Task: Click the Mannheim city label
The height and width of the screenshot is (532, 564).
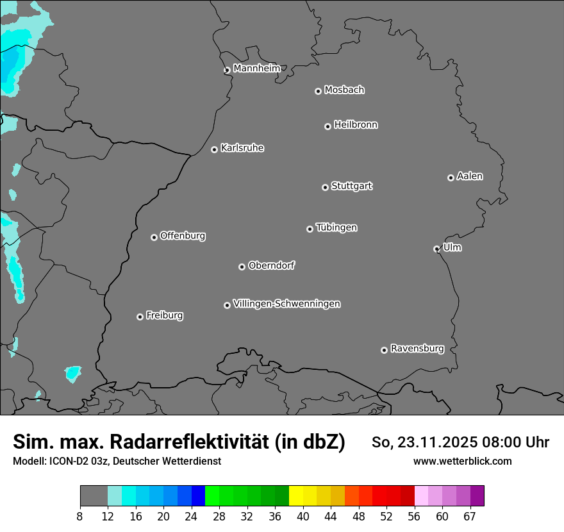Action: click(256, 68)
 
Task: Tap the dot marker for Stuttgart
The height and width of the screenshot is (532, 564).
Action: click(325, 187)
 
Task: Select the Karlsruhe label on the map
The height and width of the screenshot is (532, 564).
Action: click(242, 148)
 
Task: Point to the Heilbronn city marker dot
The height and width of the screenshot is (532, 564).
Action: click(328, 126)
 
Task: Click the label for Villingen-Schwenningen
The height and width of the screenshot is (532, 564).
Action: click(286, 304)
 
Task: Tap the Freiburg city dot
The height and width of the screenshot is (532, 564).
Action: click(140, 317)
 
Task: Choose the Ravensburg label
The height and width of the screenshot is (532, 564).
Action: click(417, 349)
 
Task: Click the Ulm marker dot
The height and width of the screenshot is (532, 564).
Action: click(436, 249)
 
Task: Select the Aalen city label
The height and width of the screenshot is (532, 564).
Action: click(470, 176)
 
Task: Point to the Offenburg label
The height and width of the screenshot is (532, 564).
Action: click(183, 236)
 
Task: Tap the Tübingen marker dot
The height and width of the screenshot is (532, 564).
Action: click(310, 229)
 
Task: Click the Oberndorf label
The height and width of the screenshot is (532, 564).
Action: click(271, 265)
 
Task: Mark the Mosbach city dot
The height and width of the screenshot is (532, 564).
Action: click(318, 91)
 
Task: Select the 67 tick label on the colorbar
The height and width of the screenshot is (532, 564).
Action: click(470, 517)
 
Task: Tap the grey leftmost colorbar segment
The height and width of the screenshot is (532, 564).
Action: click(94, 496)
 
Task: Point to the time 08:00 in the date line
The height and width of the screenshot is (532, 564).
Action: click(499, 442)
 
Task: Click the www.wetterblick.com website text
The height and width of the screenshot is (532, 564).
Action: click(463, 461)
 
